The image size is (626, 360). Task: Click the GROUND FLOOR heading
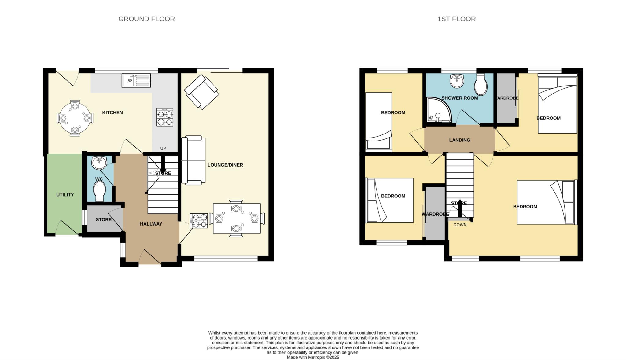[146, 19]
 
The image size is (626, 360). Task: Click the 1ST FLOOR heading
[456, 19]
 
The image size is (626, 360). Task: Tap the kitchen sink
[136, 80]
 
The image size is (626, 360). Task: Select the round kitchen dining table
[75, 118]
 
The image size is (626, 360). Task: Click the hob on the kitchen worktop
[165, 117]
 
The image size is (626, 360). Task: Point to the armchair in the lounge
[201, 92]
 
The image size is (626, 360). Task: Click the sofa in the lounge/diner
[193, 160]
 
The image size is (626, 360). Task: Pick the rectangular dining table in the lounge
[237, 219]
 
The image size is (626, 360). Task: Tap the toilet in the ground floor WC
[99, 191]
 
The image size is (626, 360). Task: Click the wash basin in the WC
[99, 163]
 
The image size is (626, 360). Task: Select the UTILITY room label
[65, 195]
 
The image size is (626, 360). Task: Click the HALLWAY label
[151, 224]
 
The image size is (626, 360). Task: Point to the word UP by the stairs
[163, 149]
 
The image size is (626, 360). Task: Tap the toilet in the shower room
[481, 85]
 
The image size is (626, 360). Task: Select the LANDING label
[460, 140]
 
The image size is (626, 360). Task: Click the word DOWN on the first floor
[460, 225]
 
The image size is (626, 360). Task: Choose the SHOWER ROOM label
[460, 98]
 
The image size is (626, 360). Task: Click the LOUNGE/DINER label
[225, 165]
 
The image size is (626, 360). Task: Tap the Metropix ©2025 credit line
[313, 357]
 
